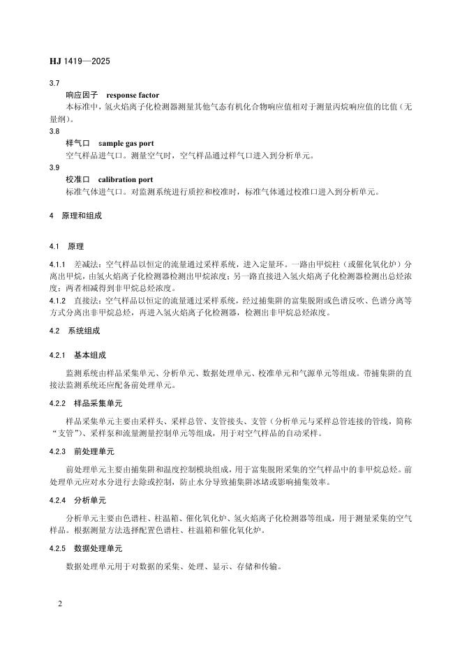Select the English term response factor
[x=133, y=95]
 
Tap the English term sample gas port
[x=126, y=143]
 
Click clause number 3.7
[x=54, y=83]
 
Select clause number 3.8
[x=54, y=131]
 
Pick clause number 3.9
[x=54, y=167]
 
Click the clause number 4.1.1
[x=57, y=265]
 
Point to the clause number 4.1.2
[x=57, y=301]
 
